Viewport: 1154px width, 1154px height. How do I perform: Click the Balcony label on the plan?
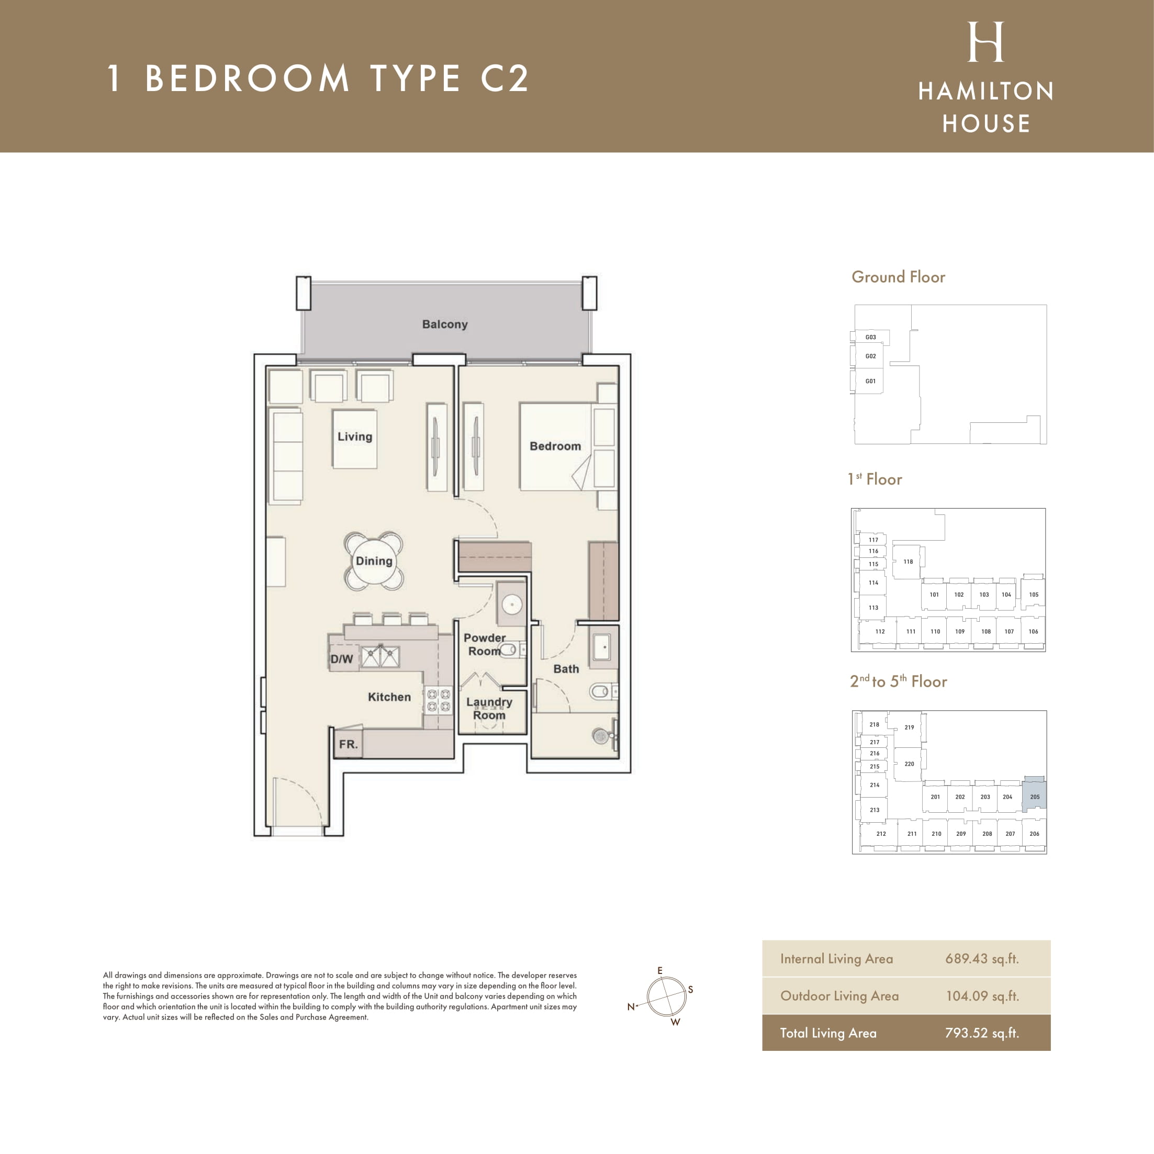click(x=444, y=324)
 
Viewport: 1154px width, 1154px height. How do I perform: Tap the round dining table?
click(x=374, y=561)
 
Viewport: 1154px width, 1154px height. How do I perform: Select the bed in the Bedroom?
click(x=555, y=446)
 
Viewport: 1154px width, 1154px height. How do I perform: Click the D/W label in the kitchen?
click(x=342, y=659)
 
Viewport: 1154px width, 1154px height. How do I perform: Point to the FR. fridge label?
click(x=348, y=744)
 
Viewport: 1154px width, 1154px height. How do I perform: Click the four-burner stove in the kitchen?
click(x=438, y=701)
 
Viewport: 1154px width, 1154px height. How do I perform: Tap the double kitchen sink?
click(x=380, y=657)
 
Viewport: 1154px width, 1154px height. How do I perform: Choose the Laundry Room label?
click(x=489, y=709)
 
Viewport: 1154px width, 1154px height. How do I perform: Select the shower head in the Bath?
click(x=600, y=736)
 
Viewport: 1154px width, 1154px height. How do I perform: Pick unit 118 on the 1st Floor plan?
click(x=908, y=562)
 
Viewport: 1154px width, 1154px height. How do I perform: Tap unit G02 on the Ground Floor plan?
click(x=871, y=356)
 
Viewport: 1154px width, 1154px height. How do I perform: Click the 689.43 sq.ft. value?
click(x=982, y=959)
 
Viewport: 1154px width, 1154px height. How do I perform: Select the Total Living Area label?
click(x=828, y=1033)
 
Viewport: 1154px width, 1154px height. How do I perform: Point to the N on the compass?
click(x=631, y=1006)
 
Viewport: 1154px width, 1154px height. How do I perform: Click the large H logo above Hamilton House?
click(x=985, y=42)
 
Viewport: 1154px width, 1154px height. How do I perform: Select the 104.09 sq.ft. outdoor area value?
click(x=982, y=996)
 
